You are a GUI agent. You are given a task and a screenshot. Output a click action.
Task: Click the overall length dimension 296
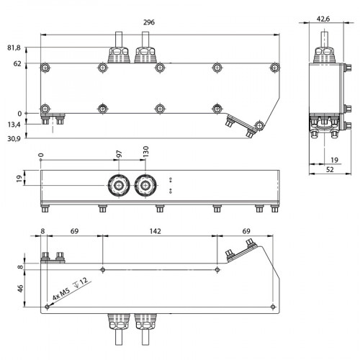(149, 23)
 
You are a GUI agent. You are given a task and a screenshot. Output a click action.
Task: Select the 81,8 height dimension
(14, 48)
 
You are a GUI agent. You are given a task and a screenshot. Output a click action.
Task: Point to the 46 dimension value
(21, 287)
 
